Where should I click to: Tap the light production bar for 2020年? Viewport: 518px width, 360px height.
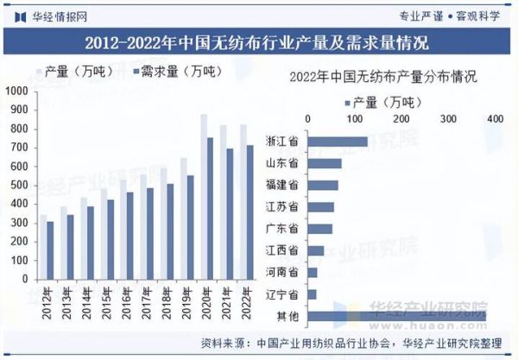click(204, 198)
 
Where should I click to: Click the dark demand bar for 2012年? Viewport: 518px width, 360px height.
click(50, 251)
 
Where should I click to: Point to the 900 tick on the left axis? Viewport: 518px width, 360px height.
click(16, 109)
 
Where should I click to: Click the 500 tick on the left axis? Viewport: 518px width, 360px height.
click(16, 185)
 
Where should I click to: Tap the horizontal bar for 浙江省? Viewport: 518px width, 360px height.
click(338, 142)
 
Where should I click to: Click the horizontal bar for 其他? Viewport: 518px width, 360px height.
click(396, 317)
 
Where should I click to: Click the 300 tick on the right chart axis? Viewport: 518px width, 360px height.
click(448, 117)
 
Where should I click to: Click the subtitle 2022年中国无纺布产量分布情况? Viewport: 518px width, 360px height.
click(384, 78)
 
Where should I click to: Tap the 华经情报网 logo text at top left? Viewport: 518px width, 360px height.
click(52, 14)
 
